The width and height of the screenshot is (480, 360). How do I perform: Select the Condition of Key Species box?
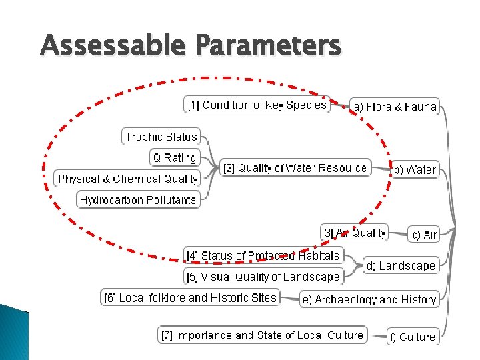(x=257, y=105)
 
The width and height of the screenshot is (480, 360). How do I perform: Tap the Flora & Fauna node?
(x=395, y=107)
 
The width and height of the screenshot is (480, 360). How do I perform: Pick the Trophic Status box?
(x=161, y=137)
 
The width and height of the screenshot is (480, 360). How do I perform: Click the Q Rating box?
(x=175, y=158)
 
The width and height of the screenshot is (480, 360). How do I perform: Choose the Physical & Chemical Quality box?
(x=127, y=179)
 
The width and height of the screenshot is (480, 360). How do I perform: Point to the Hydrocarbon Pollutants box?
(x=138, y=199)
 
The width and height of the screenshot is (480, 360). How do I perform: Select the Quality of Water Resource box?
(x=295, y=168)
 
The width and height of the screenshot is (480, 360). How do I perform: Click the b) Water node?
(x=415, y=170)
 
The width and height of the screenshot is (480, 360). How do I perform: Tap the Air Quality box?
(x=355, y=233)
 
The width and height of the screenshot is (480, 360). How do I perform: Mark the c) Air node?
(x=425, y=235)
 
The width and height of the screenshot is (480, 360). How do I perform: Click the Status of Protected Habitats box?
(x=263, y=255)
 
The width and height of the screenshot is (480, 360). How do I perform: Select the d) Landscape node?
(x=401, y=266)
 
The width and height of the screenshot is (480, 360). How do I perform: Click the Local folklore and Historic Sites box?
(x=191, y=298)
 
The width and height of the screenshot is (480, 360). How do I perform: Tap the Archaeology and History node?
(x=369, y=300)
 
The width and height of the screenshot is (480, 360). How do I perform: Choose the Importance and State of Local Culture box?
(x=263, y=335)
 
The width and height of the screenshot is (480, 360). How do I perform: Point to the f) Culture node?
(x=413, y=337)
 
